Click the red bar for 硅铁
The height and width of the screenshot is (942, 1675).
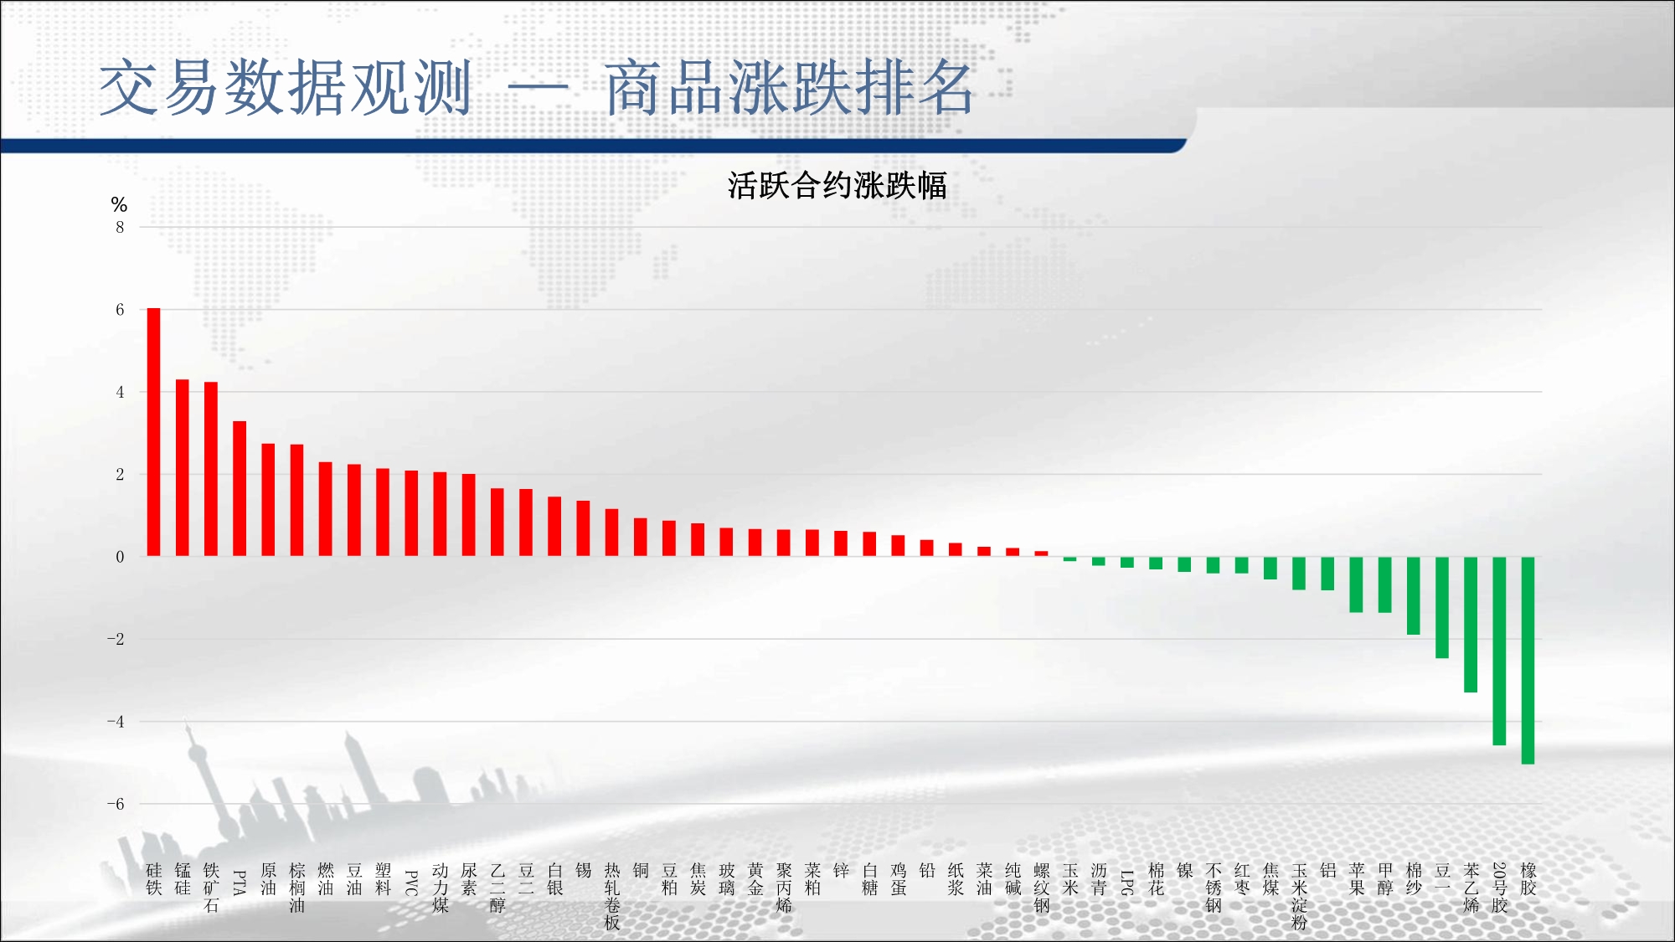[x=154, y=432]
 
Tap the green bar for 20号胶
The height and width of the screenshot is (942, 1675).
[x=1499, y=651]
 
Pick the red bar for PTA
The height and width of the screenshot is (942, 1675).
[x=240, y=488]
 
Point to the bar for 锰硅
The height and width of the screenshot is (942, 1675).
[x=183, y=467]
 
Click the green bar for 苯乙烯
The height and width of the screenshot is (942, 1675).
[x=1471, y=624]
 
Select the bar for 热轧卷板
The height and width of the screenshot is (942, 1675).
[x=611, y=533]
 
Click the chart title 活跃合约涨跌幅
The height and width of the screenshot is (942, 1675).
[x=837, y=186]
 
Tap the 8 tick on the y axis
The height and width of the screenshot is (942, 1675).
[x=120, y=227]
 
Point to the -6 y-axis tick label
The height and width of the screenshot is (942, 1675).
[x=116, y=804]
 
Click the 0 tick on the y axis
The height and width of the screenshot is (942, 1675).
[x=120, y=557]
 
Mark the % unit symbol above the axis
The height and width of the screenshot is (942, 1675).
[x=119, y=205]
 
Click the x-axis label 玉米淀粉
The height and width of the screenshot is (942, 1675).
[x=1299, y=896]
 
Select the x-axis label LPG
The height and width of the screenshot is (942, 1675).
[x=1127, y=883]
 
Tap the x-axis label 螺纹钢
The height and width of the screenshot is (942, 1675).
[x=1041, y=888]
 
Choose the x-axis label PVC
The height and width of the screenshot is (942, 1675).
[x=411, y=883]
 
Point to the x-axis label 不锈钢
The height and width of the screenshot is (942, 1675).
[x=1214, y=888]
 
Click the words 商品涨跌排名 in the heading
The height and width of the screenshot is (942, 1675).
[x=789, y=88]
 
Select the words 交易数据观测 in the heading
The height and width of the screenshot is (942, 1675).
[x=286, y=88]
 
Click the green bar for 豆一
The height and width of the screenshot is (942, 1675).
[x=1442, y=607]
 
